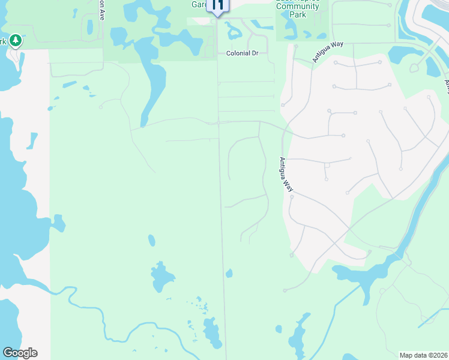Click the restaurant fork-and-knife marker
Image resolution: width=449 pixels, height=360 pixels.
217,5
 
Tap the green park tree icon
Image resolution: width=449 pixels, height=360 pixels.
16,40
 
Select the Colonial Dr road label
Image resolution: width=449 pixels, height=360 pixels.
242,53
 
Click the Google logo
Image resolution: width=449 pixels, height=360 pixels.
20,353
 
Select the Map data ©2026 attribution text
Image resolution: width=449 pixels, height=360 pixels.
423,355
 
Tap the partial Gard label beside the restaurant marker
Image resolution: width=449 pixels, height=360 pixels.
199,4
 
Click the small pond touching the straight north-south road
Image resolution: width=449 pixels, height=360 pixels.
229,274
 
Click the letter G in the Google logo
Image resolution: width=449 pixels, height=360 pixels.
7,353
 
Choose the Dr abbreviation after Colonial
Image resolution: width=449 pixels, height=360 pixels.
254,53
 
